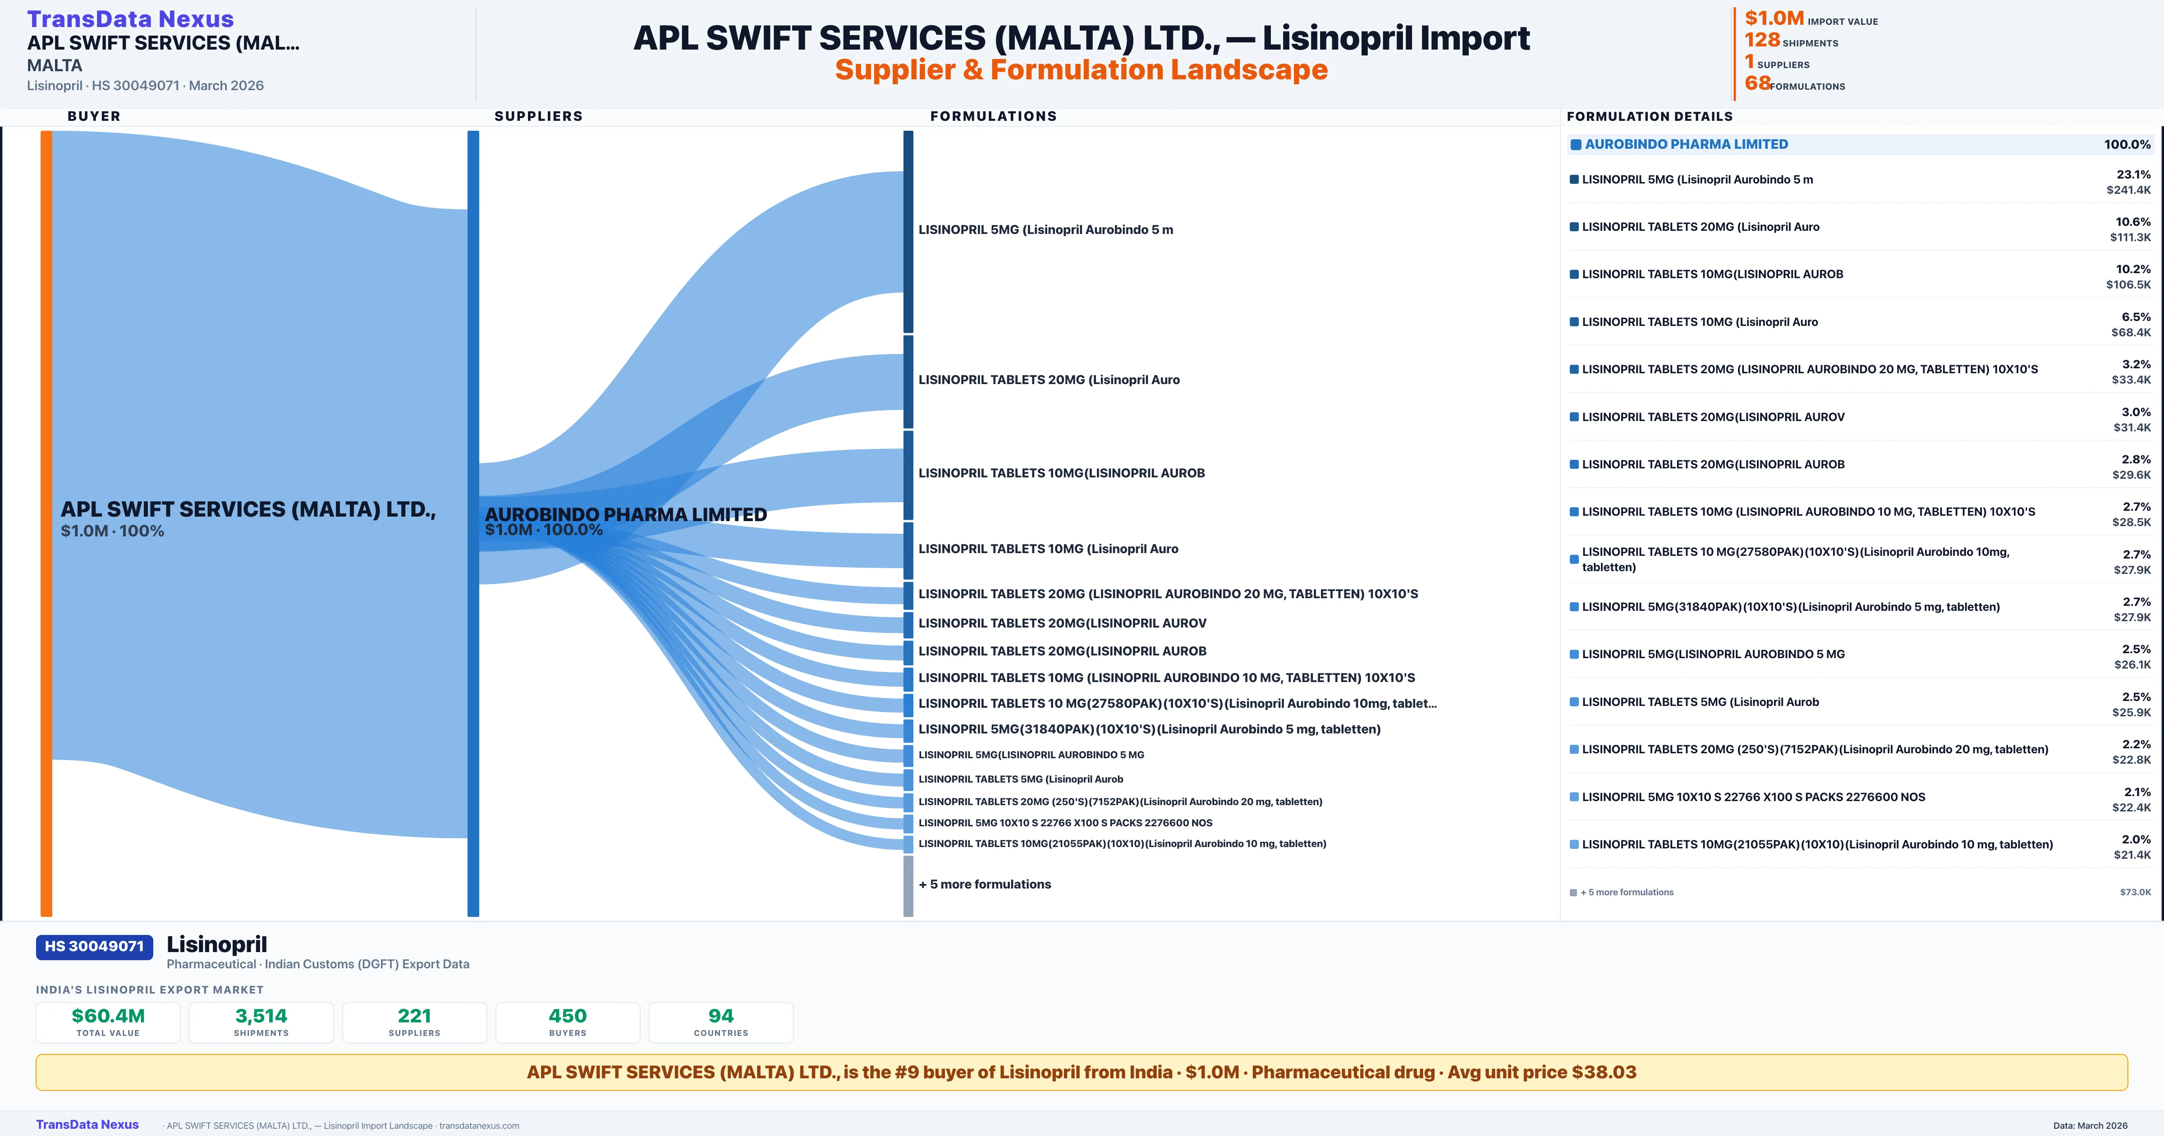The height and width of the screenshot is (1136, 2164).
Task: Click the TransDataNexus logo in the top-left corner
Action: (130, 18)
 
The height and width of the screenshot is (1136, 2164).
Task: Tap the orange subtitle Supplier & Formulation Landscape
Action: (1081, 70)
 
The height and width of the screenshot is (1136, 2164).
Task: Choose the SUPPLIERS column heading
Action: (538, 116)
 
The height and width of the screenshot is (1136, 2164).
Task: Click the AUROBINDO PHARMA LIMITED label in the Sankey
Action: (626, 514)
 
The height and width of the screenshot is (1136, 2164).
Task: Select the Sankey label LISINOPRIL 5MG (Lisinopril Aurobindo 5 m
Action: (1045, 229)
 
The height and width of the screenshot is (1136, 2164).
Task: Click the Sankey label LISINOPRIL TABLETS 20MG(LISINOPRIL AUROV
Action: (1062, 623)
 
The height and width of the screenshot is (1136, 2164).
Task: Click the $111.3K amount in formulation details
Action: (2130, 238)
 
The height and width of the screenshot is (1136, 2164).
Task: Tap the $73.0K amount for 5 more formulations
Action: (2135, 892)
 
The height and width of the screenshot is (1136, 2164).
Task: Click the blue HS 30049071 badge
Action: (94, 946)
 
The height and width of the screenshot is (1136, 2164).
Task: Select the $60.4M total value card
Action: (108, 1022)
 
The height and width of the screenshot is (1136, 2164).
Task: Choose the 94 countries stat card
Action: (721, 1022)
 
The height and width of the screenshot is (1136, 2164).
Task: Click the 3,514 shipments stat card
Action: (261, 1022)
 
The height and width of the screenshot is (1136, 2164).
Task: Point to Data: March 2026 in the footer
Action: (2090, 1125)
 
